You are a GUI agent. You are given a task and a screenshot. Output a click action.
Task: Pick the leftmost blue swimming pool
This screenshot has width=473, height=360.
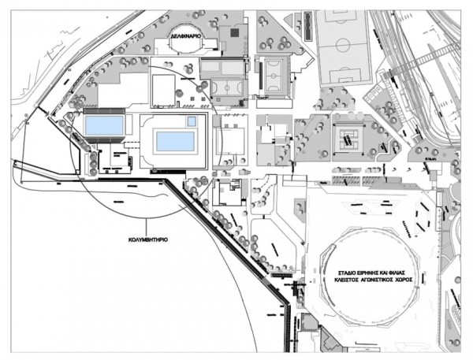click(103, 125)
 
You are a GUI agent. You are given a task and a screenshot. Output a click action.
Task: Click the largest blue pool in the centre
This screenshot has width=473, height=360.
click(175, 141)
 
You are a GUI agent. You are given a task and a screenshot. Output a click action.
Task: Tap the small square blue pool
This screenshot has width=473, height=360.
click(192, 121)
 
